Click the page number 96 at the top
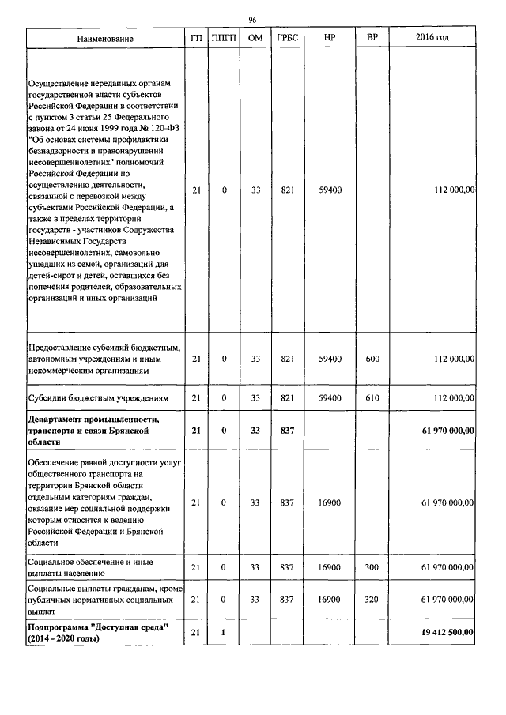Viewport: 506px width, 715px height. [253, 20]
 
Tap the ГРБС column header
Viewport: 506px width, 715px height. [287, 39]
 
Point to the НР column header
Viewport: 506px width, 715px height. [330, 39]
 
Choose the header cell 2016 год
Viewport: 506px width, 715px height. [432, 39]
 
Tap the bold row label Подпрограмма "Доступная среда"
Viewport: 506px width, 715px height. [98, 627]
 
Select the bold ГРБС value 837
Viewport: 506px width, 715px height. [287, 430]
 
